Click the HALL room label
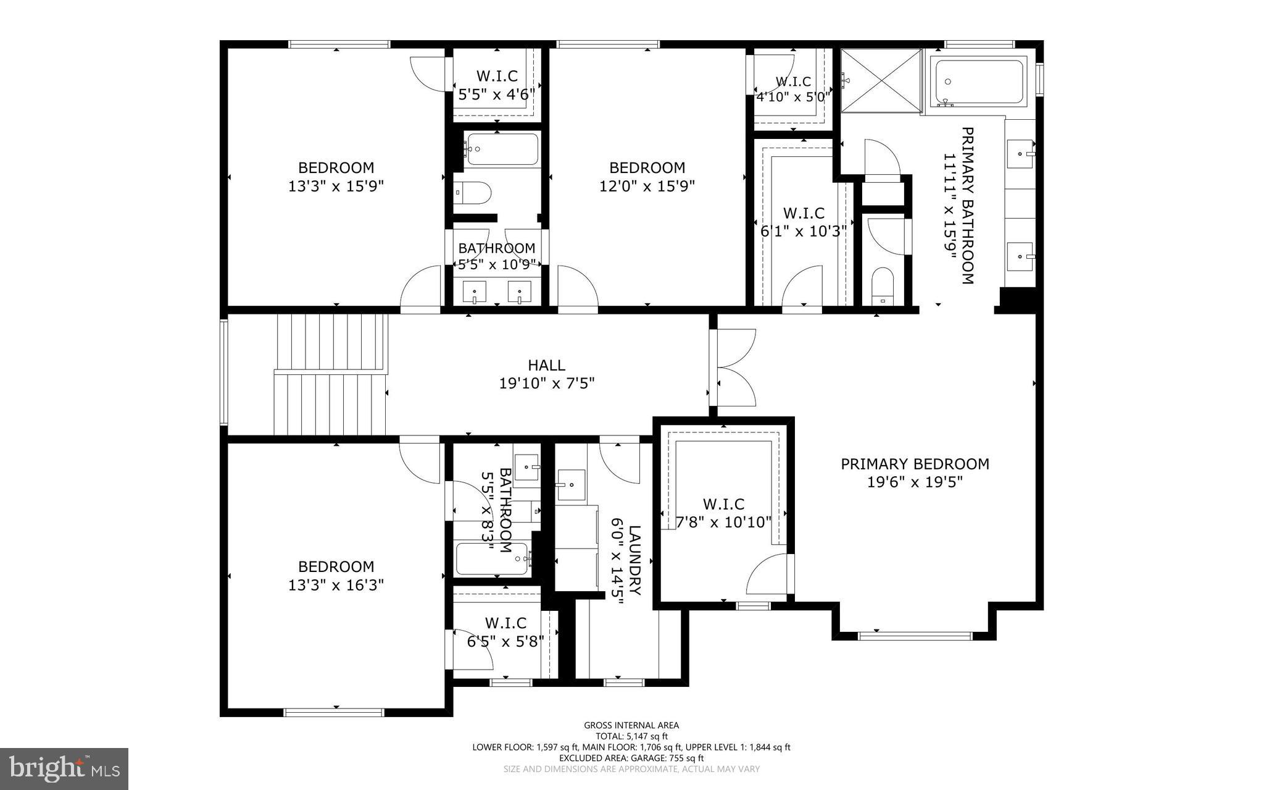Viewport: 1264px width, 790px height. click(x=546, y=366)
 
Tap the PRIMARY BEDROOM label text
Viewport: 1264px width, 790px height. click(x=915, y=464)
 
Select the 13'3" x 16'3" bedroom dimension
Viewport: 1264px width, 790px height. click(x=336, y=585)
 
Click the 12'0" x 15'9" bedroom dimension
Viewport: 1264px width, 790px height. click(x=647, y=186)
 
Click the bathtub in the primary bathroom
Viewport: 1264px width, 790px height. click(x=978, y=82)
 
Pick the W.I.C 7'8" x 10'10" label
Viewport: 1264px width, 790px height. click(x=723, y=513)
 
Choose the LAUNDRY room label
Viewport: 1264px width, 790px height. click(x=635, y=560)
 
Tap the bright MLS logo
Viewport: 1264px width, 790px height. click(x=64, y=768)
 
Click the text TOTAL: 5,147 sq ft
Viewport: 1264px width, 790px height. click(x=631, y=736)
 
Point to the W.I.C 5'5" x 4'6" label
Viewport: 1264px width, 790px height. click(x=497, y=85)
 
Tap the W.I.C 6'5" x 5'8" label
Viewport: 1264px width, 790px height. click(x=505, y=632)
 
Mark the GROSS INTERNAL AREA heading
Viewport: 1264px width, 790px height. click(x=631, y=726)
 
